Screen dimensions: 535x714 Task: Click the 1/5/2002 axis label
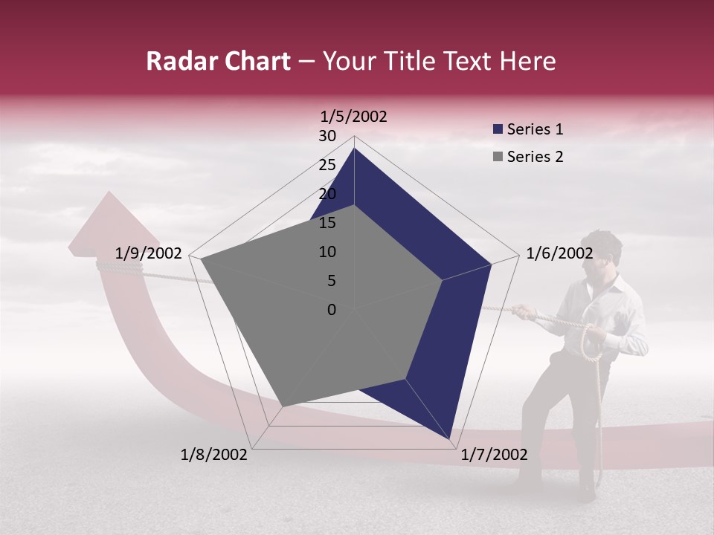click(x=354, y=117)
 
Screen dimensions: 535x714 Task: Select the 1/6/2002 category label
click(x=559, y=253)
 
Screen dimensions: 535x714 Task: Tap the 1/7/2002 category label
click(x=494, y=455)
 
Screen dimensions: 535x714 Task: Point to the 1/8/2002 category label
click(x=214, y=455)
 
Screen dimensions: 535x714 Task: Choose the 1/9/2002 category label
click(x=149, y=253)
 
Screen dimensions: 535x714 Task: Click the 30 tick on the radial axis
click(x=327, y=136)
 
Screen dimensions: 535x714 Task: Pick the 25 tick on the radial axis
click(x=327, y=165)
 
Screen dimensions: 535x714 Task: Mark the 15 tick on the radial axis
click(x=327, y=223)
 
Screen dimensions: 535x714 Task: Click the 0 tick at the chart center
click(x=332, y=310)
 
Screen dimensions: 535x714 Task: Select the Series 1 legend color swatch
click(x=498, y=130)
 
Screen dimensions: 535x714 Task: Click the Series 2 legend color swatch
click(x=498, y=157)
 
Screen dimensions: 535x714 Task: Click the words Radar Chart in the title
click(x=218, y=62)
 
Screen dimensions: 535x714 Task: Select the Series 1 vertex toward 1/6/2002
click(x=492, y=264)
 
